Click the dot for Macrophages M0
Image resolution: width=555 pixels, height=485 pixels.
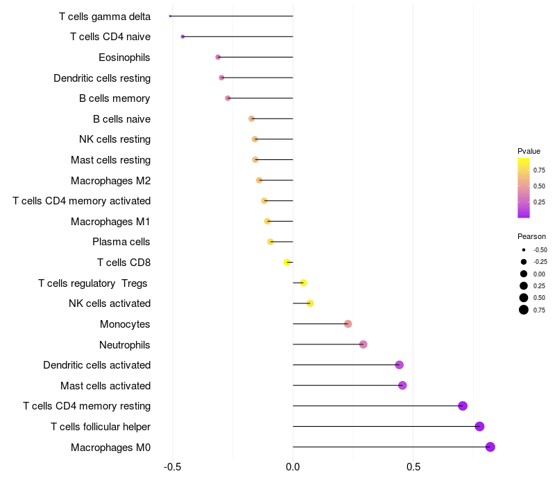point(490,447)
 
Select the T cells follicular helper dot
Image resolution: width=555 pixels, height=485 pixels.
point(479,427)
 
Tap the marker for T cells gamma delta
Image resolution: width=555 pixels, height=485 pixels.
point(170,16)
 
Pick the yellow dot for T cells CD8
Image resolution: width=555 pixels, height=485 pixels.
point(287,263)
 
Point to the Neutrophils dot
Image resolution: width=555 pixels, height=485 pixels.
point(363,344)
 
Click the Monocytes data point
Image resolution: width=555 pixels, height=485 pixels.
point(348,324)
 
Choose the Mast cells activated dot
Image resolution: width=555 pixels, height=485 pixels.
point(402,385)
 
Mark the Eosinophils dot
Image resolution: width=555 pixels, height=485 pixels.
point(218,57)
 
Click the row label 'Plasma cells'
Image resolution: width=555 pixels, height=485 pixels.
point(121,242)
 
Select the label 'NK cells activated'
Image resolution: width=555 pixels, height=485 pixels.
point(110,303)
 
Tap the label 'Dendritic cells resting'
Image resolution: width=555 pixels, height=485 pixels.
point(102,78)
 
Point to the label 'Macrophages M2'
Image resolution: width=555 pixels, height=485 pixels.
point(110,181)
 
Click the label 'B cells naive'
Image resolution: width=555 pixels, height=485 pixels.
point(121,119)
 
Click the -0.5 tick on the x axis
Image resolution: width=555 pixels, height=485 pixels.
point(172,467)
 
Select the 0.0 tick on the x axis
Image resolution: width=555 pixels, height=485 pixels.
point(293,467)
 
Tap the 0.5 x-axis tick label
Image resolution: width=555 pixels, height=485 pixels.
point(413,467)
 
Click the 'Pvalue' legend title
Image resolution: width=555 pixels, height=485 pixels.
point(529,151)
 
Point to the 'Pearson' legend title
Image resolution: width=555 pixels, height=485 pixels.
point(531,236)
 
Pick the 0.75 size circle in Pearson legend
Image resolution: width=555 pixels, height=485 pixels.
point(524,310)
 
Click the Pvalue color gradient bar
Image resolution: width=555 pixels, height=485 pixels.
point(524,188)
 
